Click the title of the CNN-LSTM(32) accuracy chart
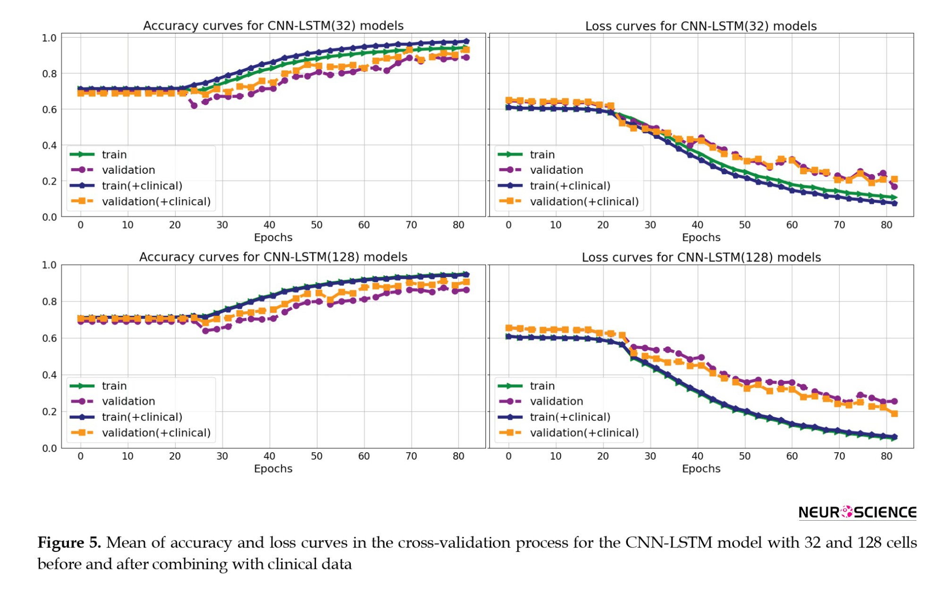click(x=273, y=25)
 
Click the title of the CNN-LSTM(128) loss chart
click(x=701, y=257)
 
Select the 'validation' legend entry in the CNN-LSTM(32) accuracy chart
click(x=128, y=170)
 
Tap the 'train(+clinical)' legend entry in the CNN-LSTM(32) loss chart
click(x=570, y=186)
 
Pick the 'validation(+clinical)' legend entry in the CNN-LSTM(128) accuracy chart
click(x=156, y=433)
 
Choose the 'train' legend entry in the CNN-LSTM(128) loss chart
click(x=542, y=386)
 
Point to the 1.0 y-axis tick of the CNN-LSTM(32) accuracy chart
click(x=49, y=38)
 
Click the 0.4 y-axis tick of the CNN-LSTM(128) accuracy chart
click(x=49, y=375)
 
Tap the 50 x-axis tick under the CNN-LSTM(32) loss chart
click(x=744, y=225)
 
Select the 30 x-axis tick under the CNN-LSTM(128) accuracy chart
click(x=222, y=456)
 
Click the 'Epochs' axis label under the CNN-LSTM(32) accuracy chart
click(x=273, y=237)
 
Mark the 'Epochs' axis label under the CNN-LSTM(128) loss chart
click(x=701, y=469)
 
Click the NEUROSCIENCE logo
click(x=857, y=513)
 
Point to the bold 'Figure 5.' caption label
click(x=69, y=543)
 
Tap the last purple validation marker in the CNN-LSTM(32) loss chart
click(x=894, y=186)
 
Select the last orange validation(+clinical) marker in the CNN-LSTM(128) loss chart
click(x=894, y=414)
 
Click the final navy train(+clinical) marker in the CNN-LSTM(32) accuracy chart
click(x=466, y=42)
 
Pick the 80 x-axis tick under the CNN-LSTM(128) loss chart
click(x=886, y=456)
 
